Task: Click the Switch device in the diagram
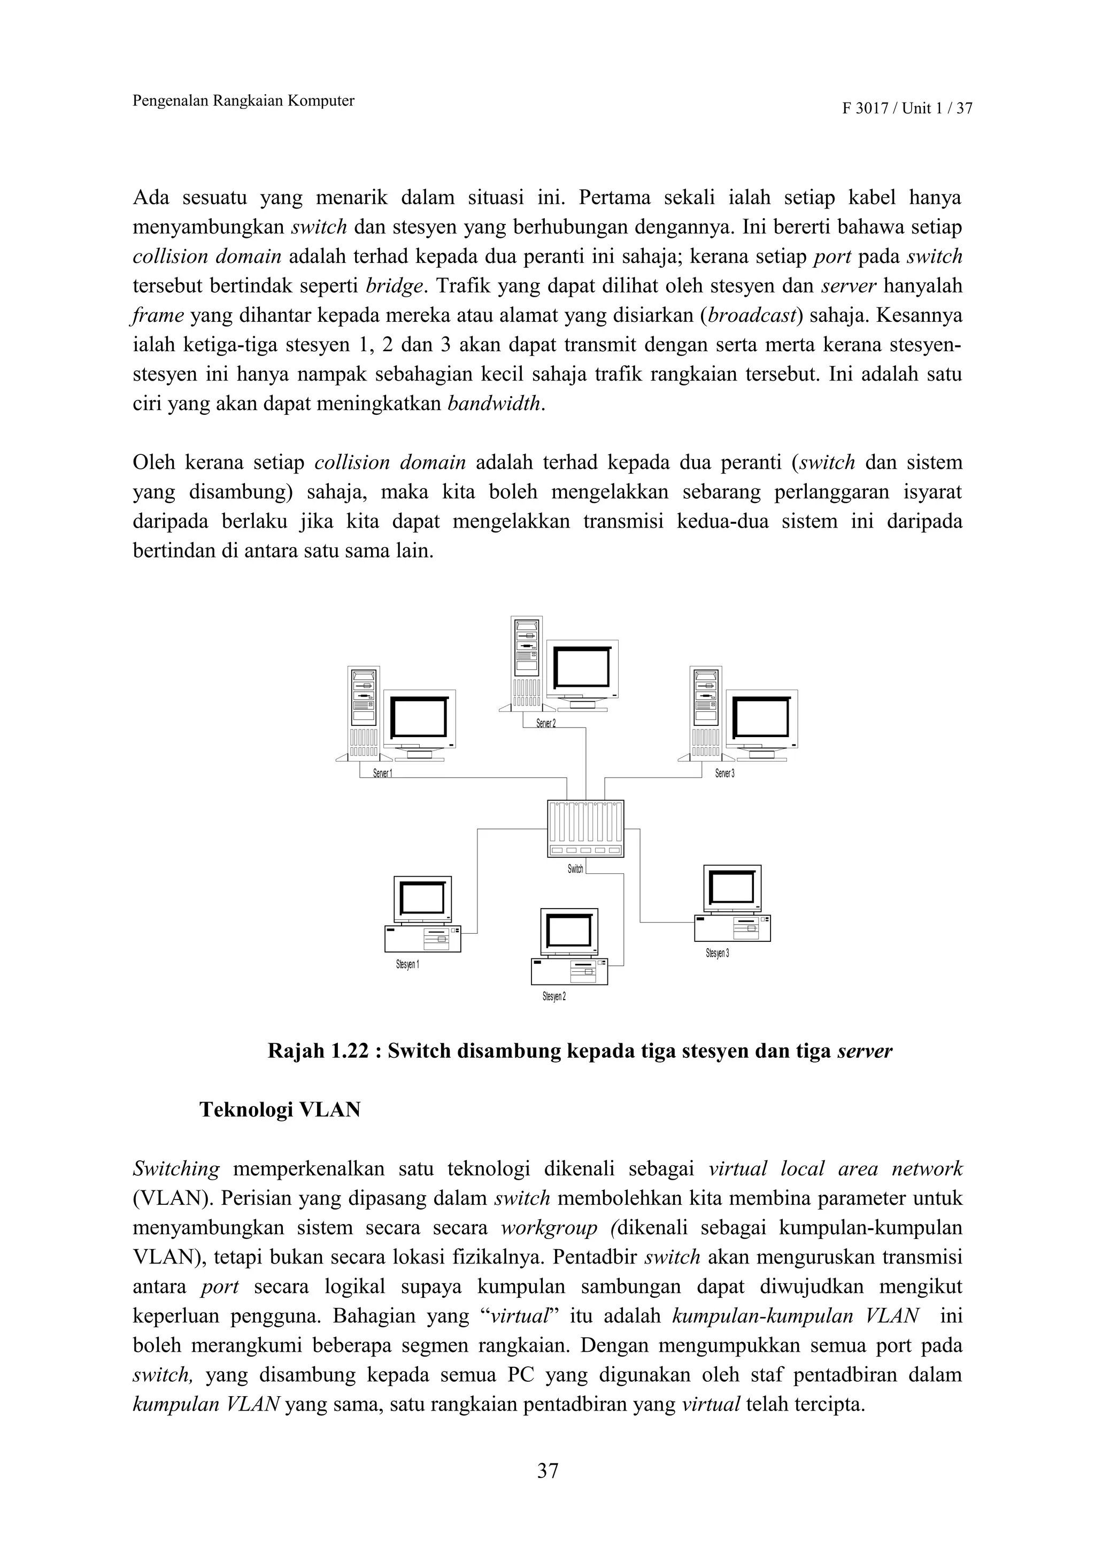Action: click(x=585, y=828)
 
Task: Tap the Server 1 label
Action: click(x=382, y=773)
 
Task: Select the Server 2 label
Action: click(x=546, y=723)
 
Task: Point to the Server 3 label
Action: click(x=724, y=773)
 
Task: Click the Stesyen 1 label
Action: click(x=407, y=965)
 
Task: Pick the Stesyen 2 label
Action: click(x=554, y=996)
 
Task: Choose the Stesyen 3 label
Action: click(x=717, y=953)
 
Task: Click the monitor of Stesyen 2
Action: click(x=569, y=932)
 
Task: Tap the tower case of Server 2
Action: click(x=526, y=661)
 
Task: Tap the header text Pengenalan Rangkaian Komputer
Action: click(x=244, y=101)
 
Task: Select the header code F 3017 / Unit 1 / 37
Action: click(x=907, y=109)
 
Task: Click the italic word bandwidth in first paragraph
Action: click(x=495, y=404)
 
